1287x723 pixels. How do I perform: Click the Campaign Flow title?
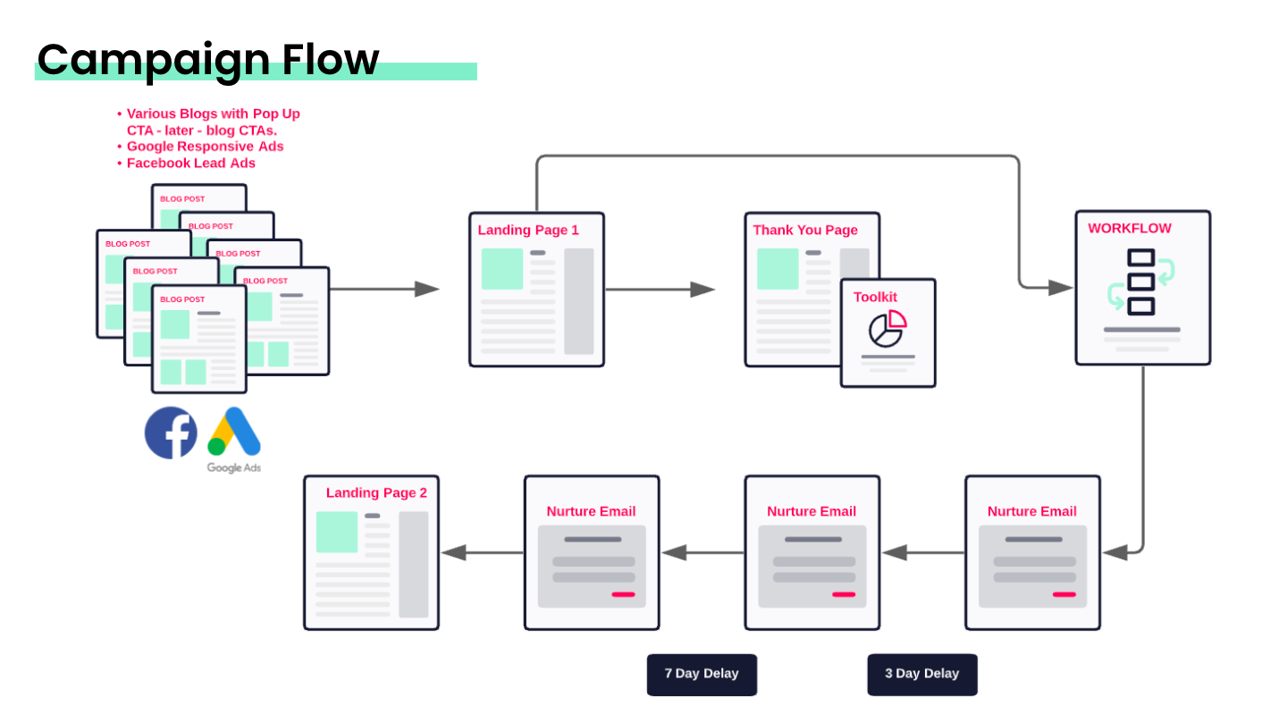(208, 59)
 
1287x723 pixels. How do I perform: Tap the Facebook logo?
(171, 433)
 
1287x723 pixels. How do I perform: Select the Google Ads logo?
(234, 433)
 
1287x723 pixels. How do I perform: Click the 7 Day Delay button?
(702, 674)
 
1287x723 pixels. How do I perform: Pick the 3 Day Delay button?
(921, 674)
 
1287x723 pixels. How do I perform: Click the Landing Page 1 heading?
(528, 231)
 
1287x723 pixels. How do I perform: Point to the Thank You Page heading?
(805, 231)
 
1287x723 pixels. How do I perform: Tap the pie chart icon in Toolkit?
(887, 328)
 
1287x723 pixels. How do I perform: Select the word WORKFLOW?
(1130, 229)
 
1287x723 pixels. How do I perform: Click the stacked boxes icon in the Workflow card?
(1141, 282)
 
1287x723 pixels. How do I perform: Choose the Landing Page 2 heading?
(376, 493)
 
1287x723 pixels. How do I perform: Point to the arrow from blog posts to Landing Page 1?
(384, 289)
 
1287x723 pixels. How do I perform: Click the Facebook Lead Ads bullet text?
(190, 164)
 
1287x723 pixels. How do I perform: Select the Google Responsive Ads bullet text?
(205, 147)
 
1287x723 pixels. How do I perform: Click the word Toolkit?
(875, 298)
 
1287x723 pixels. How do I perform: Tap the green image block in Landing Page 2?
(337, 532)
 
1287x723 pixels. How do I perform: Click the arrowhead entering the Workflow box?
(1061, 288)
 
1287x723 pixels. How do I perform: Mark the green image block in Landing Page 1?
(502, 269)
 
